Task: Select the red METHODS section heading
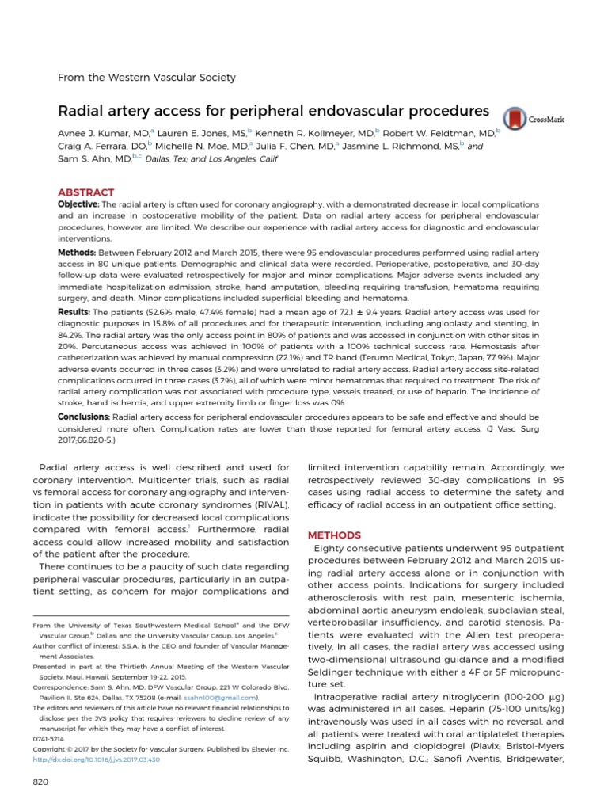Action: tap(333, 535)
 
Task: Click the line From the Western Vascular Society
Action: tap(148, 77)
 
